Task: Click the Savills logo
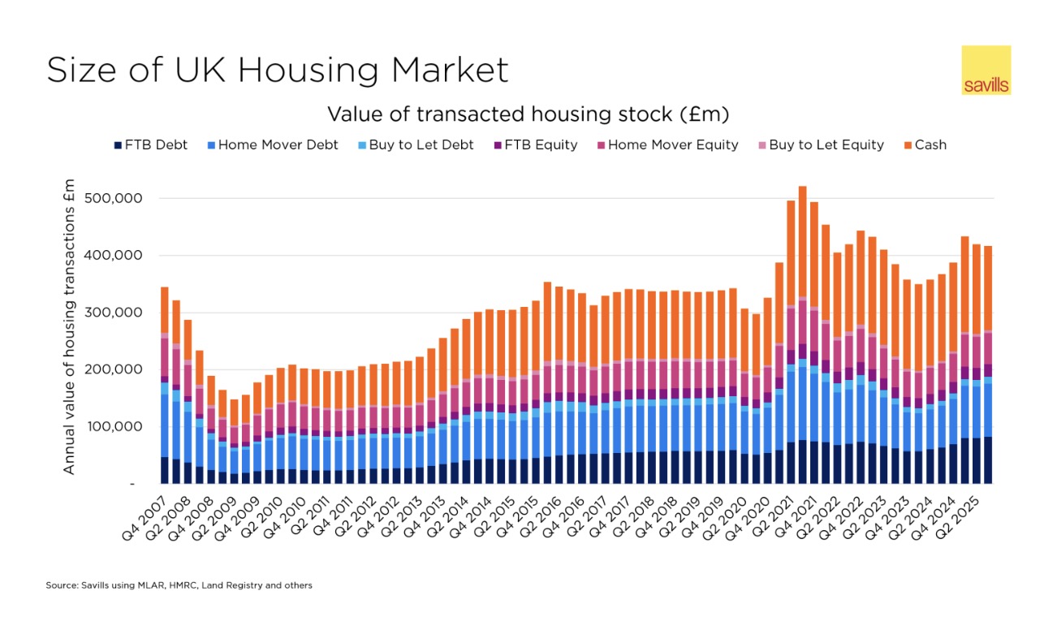pyautogui.click(x=986, y=71)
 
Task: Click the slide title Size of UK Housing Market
pyautogui.click(x=277, y=70)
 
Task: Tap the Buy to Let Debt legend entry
pyautogui.click(x=415, y=145)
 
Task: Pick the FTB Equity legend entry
pyautogui.click(x=535, y=145)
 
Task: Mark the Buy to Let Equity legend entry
pyautogui.click(x=819, y=145)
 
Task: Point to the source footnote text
pyautogui.click(x=179, y=585)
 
